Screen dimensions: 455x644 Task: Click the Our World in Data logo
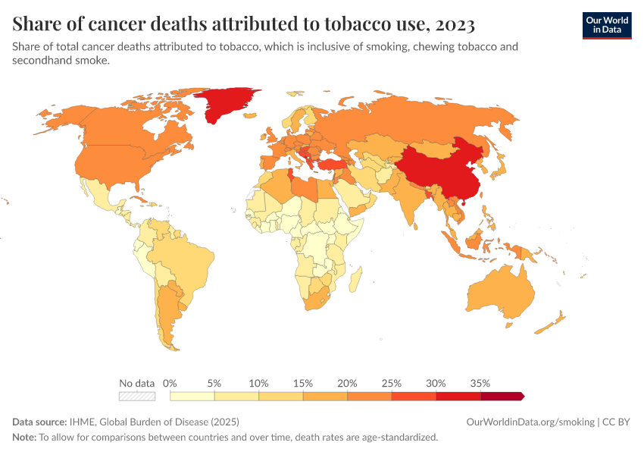[606, 25]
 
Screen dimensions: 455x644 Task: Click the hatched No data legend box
[136, 396]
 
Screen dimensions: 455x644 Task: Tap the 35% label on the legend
[480, 383]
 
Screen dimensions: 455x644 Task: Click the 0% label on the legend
[170, 383]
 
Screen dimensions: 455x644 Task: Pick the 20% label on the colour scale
[347, 383]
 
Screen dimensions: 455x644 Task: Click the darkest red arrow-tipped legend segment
[502, 396]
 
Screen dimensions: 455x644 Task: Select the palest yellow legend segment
[192, 396]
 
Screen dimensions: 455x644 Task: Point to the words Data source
[38, 422]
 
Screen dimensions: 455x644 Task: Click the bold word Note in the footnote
[24, 438]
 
